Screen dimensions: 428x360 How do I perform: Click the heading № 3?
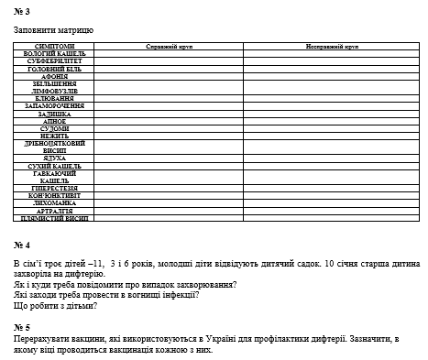[x=22, y=12]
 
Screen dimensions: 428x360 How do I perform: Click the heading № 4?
[x=22, y=246]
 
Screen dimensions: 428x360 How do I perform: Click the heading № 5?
[x=22, y=327]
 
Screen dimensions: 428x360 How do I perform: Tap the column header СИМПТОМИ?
[x=54, y=45]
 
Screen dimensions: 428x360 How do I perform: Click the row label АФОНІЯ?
[x=54, y=76]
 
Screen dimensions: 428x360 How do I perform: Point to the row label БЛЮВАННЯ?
[x=54, y=98]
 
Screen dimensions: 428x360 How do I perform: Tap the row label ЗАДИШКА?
[x=54, y=114]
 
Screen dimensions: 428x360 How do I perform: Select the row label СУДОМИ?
[x=54, y=128]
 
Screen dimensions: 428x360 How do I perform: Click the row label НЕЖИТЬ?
[x=54, y=136]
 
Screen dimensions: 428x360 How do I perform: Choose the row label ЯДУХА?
[x=54, y=158]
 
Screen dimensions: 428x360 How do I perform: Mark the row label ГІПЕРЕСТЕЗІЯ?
[x=54, y=188]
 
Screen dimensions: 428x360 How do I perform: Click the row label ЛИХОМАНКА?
[x=54, y=202]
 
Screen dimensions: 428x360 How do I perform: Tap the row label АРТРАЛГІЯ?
[x=54, y=211]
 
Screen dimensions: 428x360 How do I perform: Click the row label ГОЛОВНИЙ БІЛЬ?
[x=54, y=69]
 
